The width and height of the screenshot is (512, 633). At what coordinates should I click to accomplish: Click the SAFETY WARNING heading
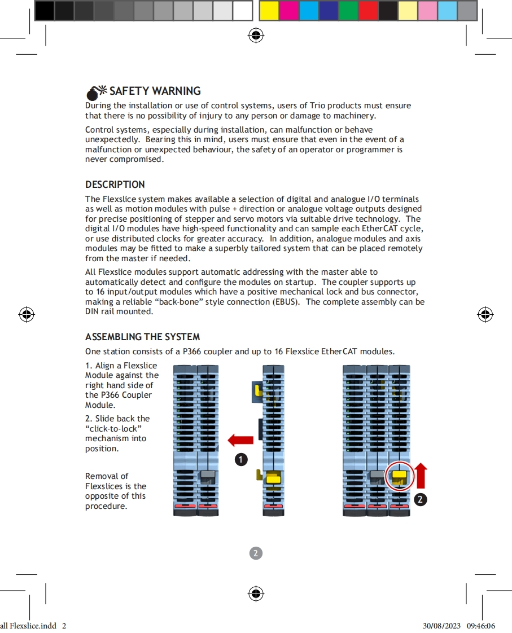coord(155,91)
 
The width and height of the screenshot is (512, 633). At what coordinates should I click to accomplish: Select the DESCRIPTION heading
coord(115,184)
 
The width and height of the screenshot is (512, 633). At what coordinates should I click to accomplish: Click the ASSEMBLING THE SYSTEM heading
coord(142,337)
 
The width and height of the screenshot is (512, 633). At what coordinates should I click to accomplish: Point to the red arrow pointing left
coord(240,440)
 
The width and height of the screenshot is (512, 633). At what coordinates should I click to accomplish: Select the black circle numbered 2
coord(420,499)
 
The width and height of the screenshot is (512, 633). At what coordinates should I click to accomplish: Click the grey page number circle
coord(256,553)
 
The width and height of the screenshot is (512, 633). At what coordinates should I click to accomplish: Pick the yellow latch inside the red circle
coord(400,477)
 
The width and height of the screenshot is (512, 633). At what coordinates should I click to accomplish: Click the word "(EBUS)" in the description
coord(287,302)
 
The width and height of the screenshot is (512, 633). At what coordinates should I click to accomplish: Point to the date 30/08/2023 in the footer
coord(442,626)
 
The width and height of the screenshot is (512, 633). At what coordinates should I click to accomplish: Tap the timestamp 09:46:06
coord(481,626)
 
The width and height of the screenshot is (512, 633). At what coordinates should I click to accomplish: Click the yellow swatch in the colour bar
coord(269,10)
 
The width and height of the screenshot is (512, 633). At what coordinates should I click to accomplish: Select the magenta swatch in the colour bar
coord(289,10)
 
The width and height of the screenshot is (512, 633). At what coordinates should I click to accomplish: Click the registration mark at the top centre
coord(256,36)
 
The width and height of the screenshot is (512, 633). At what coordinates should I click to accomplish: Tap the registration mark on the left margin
coord(26,314)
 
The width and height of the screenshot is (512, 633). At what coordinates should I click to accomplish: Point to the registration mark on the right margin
coord(485,314)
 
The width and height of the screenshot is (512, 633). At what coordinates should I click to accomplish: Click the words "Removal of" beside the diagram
coord(107,476)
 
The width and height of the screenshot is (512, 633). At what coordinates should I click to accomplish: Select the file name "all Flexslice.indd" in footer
coord(28,626)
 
